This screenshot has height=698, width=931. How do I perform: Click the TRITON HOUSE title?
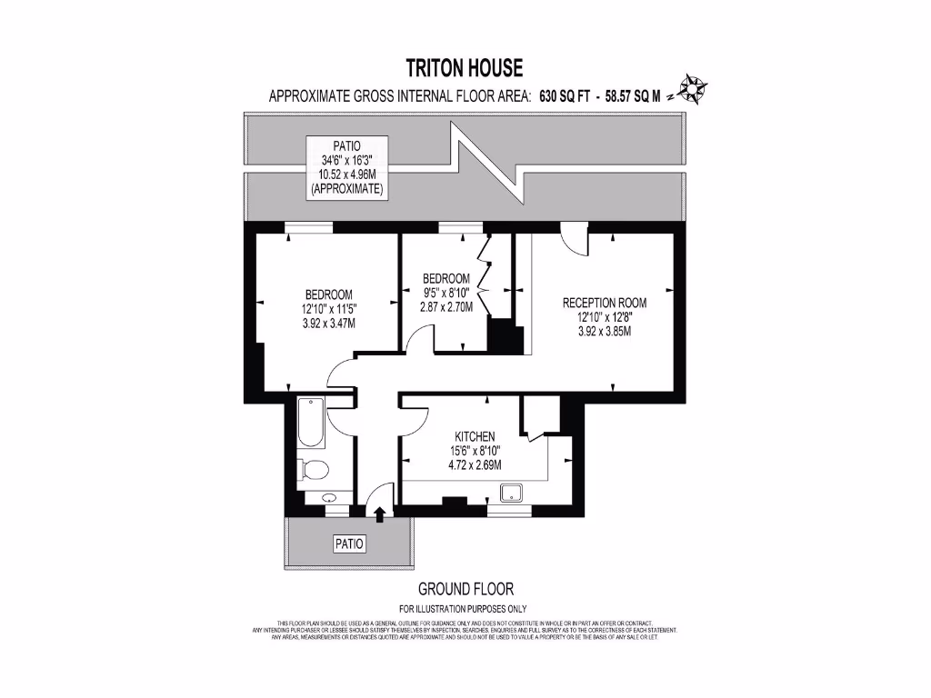coord(465,67)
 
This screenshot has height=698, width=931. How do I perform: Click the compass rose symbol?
coord(695,89)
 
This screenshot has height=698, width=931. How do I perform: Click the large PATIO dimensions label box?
coord(346,167)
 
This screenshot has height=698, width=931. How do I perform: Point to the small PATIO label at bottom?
coord(347,544)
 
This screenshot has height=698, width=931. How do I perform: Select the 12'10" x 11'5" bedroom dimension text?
coord(328,309)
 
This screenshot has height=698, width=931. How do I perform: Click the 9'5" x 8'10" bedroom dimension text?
coord(446,293)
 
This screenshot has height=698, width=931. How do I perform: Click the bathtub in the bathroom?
coord(310,423)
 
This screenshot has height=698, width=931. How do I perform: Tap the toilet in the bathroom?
coord(313,470)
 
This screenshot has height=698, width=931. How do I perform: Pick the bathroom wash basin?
coord(327,498)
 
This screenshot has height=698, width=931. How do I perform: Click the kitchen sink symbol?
coord(513,493)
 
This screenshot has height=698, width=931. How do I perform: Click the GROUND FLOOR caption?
coord(465,589)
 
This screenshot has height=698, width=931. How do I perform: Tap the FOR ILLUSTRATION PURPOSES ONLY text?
coord(464,609)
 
